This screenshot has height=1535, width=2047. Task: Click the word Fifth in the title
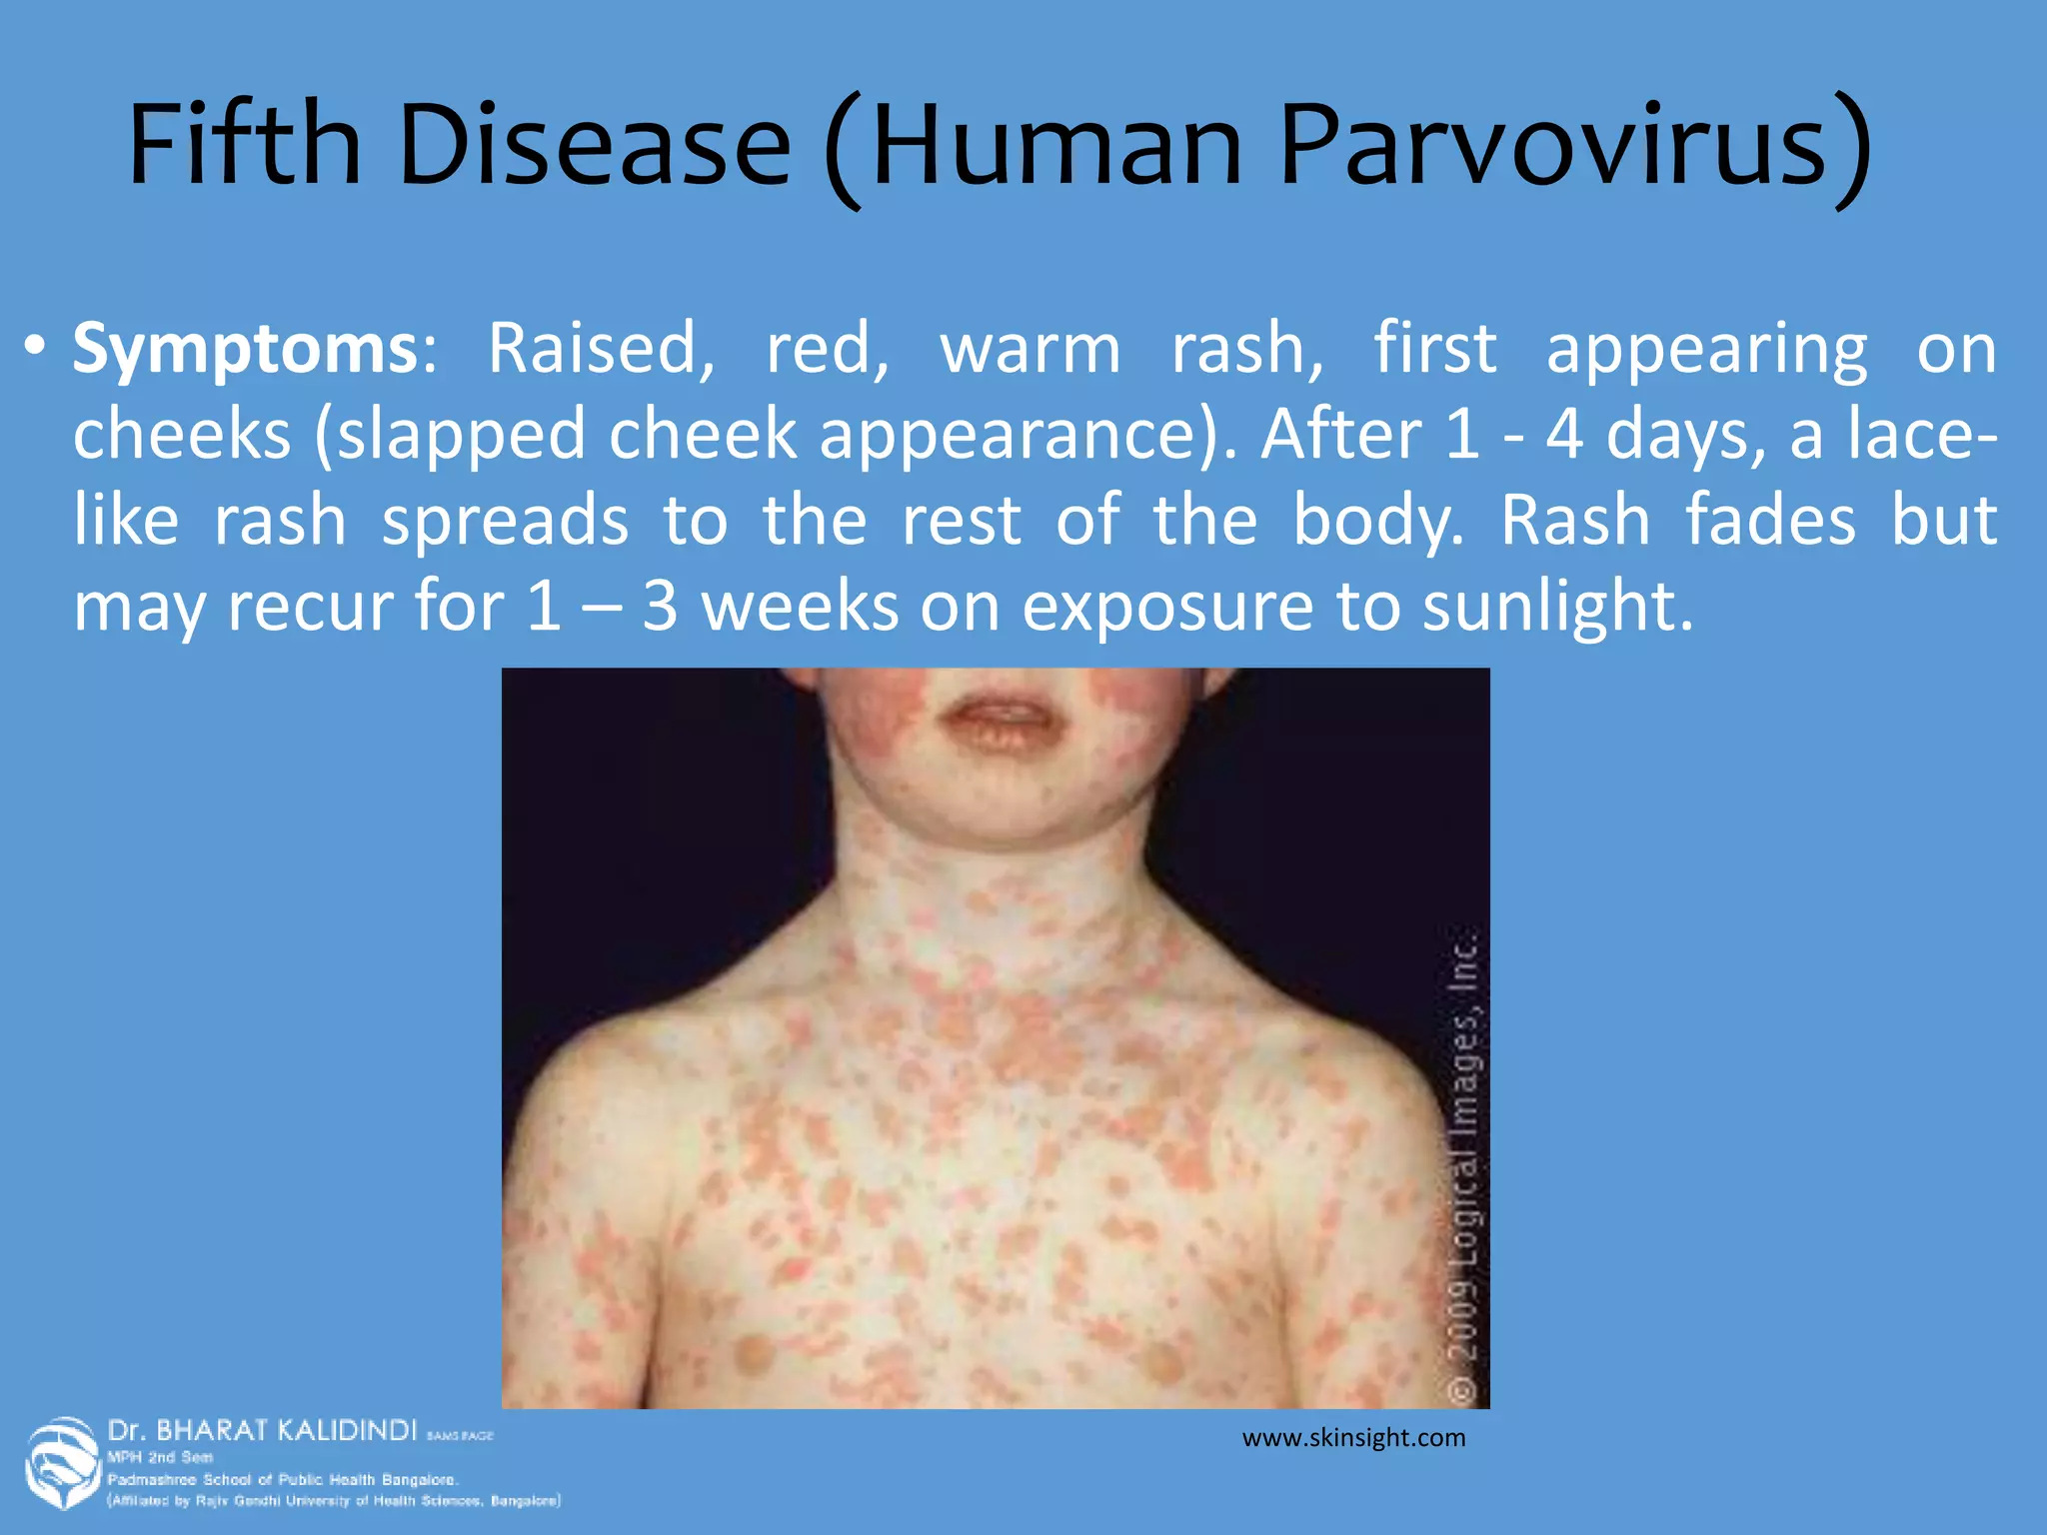point(244,144)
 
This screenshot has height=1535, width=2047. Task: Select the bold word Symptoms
point(246,349)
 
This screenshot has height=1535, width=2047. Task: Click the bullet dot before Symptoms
point(35,347)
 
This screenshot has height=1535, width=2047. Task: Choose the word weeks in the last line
point(800,606)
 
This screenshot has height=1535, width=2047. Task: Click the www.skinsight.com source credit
point(1353,1438)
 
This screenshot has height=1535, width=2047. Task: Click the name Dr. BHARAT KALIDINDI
point(262,1430)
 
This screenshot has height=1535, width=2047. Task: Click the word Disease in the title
point(595,144)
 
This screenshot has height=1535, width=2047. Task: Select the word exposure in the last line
point(1167,606)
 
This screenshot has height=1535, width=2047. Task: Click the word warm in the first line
point(1029,349)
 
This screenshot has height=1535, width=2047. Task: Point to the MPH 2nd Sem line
point(160,1457)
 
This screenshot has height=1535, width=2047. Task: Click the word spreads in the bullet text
point(505,521)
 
